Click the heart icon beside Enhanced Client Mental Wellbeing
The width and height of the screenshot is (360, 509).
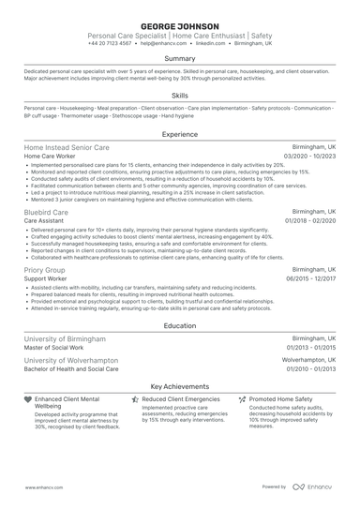click(x=28, y=399)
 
